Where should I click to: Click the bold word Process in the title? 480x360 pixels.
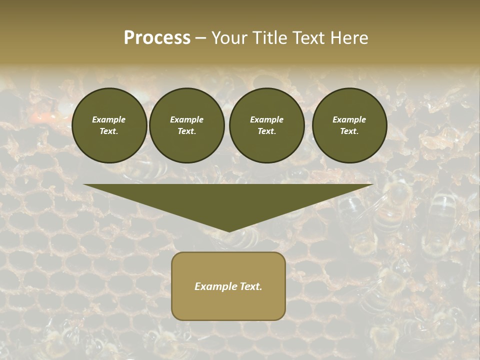pos(157,38)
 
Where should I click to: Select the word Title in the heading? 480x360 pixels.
pos(271,38)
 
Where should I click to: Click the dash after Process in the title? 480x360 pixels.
pos(200,38)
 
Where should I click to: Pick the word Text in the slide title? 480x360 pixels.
pos(309,38)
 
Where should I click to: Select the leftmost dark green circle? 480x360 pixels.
pos(109,125)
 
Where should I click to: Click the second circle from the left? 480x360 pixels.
pos(186,125)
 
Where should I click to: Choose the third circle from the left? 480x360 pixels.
pos(266,125)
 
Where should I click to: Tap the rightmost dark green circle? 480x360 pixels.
pos(349,125)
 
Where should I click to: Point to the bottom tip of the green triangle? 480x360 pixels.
pos(228,231)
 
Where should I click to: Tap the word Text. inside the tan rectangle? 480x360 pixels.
pos(250,286)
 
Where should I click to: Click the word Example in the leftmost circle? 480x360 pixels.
pos(109,119)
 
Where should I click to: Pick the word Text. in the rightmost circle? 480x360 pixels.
pos(349,131)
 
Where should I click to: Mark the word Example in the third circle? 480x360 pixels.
pos(266,119)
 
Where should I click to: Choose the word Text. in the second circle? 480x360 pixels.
pos(186,131)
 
